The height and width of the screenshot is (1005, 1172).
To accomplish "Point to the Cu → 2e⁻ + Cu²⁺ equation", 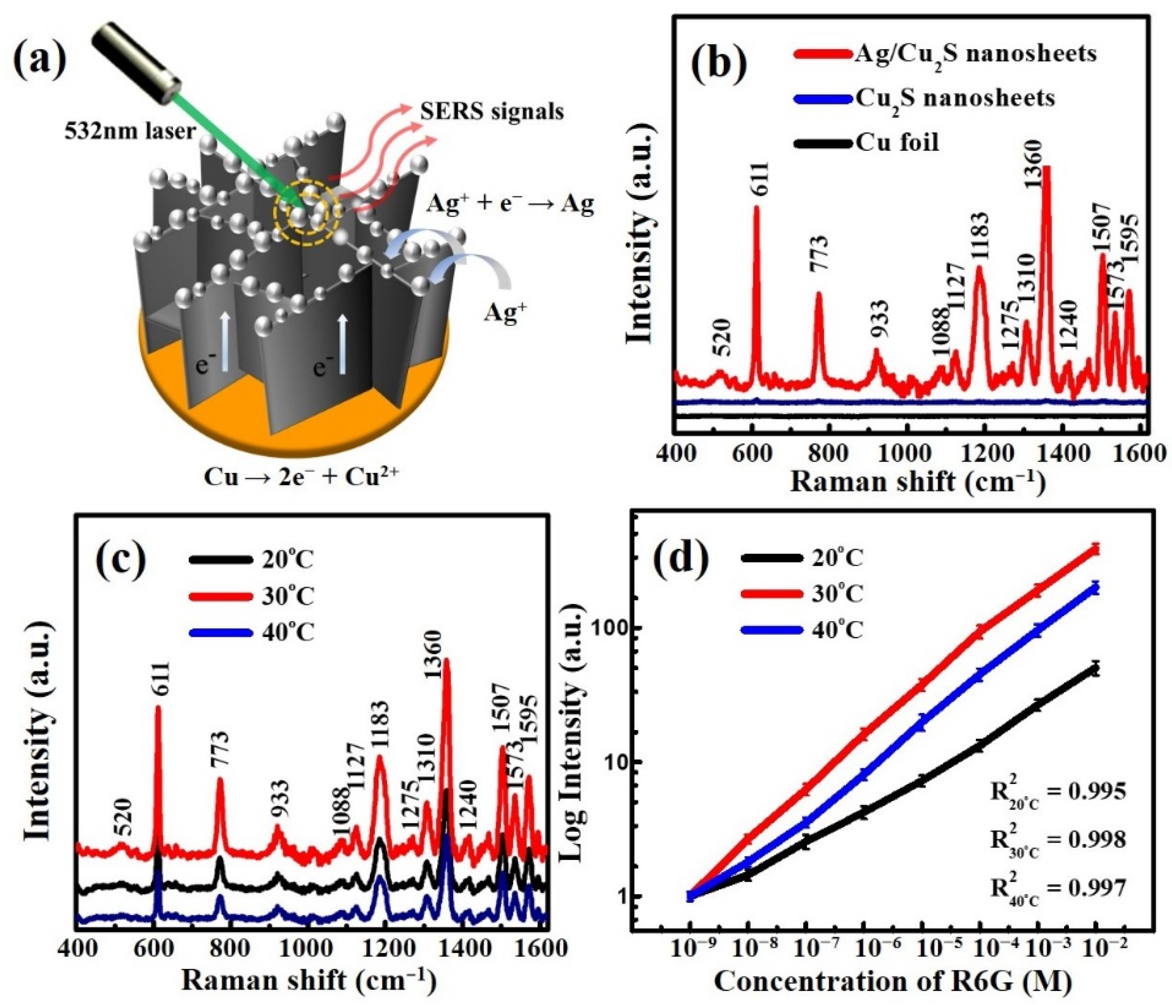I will click(x=302, y=478).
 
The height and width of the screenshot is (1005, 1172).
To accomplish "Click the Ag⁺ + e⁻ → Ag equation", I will click(x=511, y=205).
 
